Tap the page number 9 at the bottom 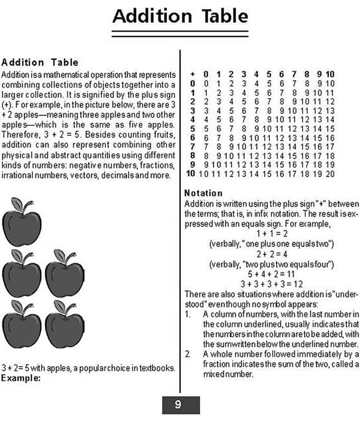[179, 405]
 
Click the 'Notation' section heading [203, 193]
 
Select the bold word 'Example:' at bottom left [21, 378]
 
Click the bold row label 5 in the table [192, 128]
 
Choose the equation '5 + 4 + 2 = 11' [271, 274]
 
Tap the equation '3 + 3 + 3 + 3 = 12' [271, 283]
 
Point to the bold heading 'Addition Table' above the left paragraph [40, 63]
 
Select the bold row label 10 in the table [191, 174]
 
